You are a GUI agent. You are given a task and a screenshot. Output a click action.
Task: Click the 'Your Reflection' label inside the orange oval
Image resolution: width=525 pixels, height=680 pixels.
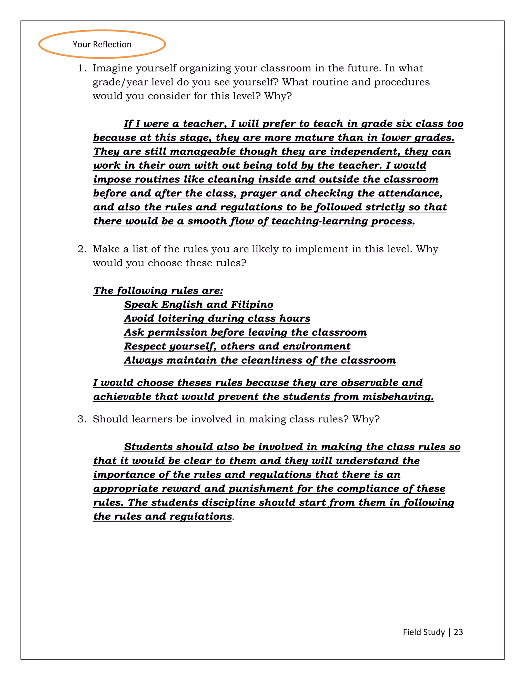pos(102,45)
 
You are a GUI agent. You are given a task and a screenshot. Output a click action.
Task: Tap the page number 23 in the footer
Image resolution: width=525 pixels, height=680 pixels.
pos(458,632)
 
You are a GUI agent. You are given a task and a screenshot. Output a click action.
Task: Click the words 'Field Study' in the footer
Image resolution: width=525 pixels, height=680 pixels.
pos(423,632)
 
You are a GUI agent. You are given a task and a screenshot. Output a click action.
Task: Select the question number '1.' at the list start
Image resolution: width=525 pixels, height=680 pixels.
pos(82,68)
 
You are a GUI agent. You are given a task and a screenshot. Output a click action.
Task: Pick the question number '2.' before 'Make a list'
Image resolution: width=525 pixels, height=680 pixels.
pos(82,249)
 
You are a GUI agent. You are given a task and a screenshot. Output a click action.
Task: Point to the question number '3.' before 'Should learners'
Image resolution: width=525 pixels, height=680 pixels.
pos(82,419)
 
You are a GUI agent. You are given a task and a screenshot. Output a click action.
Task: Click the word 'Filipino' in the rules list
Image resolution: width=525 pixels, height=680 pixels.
pos(252,305)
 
